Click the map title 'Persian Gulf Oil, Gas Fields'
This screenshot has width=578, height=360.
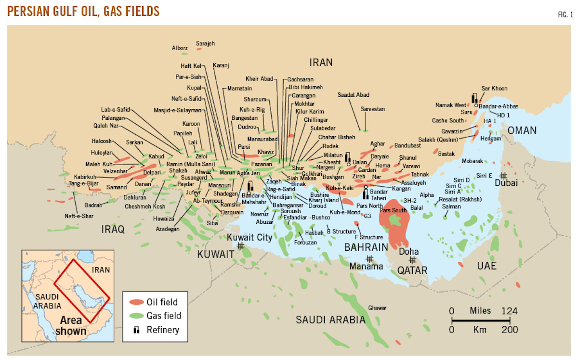[x=83, y=11]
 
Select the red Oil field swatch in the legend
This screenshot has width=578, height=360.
[x=136, y=302]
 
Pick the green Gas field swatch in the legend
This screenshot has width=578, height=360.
[x=136, y=316]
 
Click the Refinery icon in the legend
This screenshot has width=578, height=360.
[x=136, y=330]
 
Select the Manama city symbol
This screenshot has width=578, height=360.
[x=369, y=258]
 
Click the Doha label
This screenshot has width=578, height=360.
[x=409, y=251]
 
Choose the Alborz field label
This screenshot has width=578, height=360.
[x=180, y=48]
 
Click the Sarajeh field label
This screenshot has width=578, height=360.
[x=205, y=43]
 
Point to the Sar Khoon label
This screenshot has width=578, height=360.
[x=494, y=89]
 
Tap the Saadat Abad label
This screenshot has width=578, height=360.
[x=354, y=95]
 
